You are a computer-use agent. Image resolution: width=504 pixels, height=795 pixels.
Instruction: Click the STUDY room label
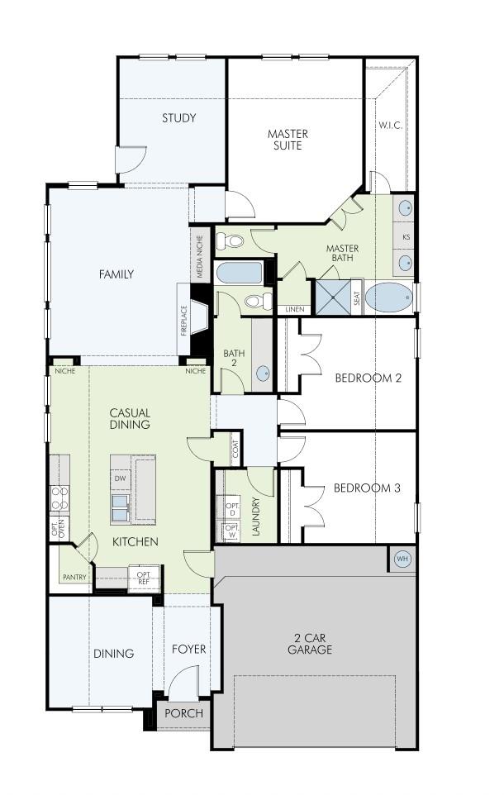(x=178, y=118)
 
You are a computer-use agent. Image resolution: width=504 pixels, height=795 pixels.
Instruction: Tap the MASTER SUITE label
(x=288, y=140)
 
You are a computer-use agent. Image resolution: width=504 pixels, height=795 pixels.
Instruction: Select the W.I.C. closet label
(x=390, y=126)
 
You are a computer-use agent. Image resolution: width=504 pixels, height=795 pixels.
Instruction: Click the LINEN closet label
(x=295, y=309)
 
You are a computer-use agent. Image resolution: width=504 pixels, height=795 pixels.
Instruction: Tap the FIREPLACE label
(x=184, y=320)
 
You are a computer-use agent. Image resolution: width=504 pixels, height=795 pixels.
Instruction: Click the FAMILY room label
(x=116, y=274)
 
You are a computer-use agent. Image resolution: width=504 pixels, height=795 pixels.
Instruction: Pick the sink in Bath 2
(x=263, y=373)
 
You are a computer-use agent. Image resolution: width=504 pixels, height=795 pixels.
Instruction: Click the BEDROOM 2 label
(x=368, y=378)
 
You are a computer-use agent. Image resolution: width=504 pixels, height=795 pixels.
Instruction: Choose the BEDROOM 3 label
(x=367, y=488)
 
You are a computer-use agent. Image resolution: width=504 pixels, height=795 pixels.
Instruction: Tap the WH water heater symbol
(x=402, y=559)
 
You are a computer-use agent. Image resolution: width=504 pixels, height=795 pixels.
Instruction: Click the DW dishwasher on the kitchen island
(x=120, y=478)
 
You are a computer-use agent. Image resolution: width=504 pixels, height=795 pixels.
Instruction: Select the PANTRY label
(x=74, y=577)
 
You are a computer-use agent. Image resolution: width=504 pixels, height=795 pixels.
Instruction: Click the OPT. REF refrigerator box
(x=144, y=578)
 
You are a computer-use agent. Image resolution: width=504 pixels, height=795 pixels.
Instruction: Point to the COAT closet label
(x=235, y=450)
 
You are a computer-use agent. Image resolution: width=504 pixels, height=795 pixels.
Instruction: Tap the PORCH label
(x=183, y=713)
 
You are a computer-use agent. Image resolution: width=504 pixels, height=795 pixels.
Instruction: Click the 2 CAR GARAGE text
(x=310, y=643)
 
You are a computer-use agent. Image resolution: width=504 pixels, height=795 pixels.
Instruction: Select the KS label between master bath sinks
(x=406, y=236)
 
